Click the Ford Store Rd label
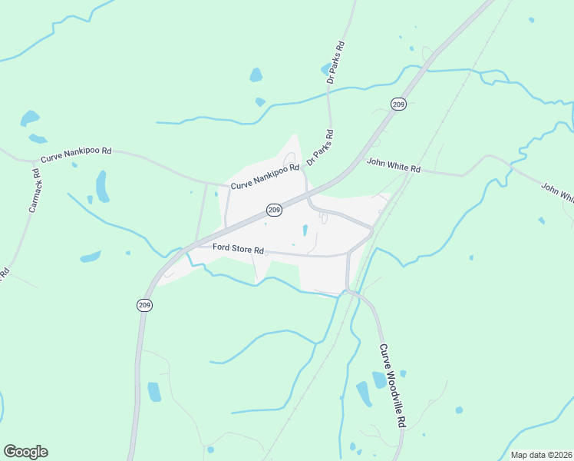pos(239,250)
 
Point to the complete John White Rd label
pos(394,164)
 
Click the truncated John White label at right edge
pos(558,193)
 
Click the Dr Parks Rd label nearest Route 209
pos(322,148)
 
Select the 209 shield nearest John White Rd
pos(398,104)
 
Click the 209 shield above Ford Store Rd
pos(274,210)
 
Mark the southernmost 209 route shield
pos(145,305)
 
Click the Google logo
pos(25,452)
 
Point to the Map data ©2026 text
pos(541,455)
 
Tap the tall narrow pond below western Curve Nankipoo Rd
pos(102,186)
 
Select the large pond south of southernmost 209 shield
pos(154,392)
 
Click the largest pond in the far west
pos(30,118)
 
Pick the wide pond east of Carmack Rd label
pos(91,256)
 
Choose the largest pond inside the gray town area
pos(305,230)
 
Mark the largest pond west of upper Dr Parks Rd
pos(256,75)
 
